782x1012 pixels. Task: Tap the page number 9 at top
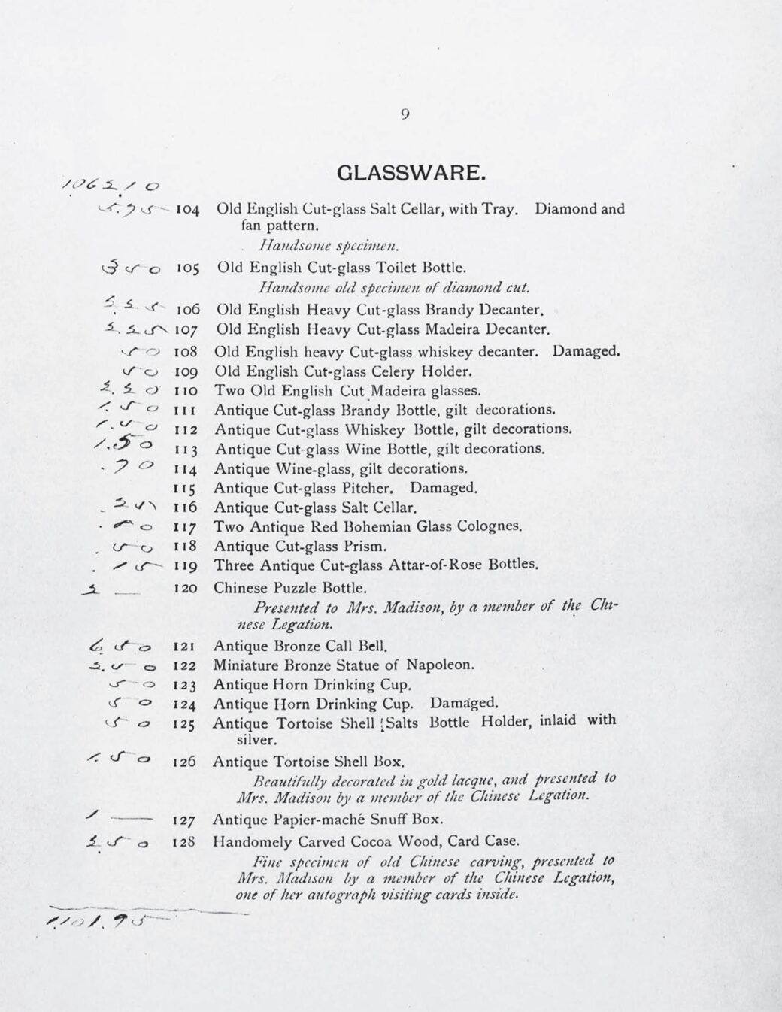click(x=405, y=114)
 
